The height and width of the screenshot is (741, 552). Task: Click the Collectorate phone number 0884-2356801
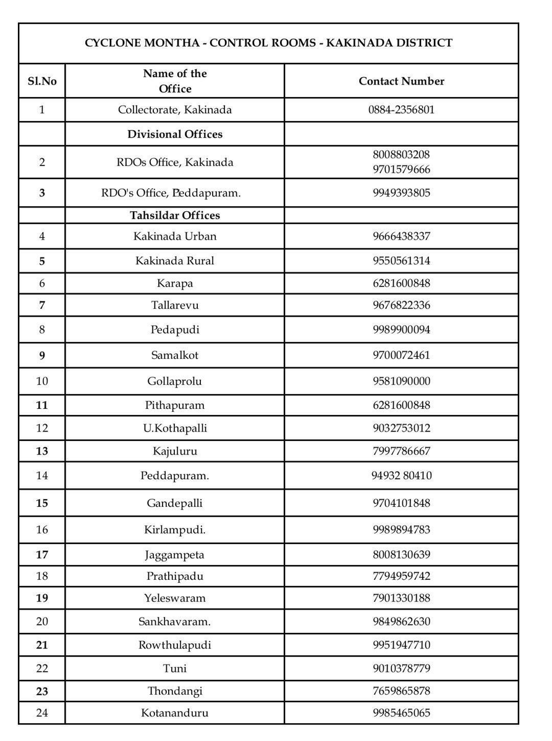coord(401,110)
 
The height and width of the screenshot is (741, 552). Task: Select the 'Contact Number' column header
coord(401,81)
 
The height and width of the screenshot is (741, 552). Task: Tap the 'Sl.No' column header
coord(42,81)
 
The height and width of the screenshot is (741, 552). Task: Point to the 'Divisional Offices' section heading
coord(175,134)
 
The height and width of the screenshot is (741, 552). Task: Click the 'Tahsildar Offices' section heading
coord(175,216)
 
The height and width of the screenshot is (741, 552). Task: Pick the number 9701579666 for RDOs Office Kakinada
coord(401,169)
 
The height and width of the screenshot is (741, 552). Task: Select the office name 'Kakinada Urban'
coord(175,236)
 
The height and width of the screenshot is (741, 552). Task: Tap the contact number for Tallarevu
coord(401,305)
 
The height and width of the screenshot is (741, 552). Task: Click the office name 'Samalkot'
coord(175,355)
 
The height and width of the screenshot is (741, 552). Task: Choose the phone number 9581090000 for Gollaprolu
coord(401,381)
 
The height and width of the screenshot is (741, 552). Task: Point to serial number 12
coord(42,428)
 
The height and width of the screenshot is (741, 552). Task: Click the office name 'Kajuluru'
coord(175,451)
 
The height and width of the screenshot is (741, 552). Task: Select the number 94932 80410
coord(401,475)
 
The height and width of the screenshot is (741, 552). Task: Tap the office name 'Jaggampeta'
coord(175,555)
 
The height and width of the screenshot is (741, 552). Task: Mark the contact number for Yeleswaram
coord(401,598)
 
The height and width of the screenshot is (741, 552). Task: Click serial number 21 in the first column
coord(42,645)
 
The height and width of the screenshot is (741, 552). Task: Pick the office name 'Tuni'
coord(175,668)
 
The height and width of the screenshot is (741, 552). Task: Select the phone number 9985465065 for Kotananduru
coord(401,713)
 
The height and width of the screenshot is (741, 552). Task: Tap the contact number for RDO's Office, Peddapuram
coord(401,193)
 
